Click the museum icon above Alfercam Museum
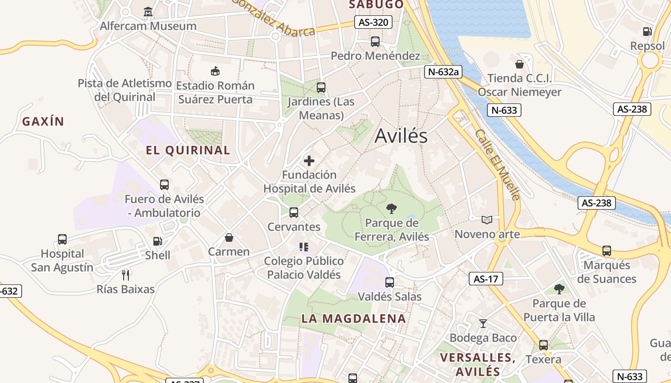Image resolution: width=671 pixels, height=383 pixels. [148, 11]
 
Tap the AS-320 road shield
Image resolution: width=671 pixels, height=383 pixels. [373, 22]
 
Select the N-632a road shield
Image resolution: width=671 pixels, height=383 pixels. [443, 72]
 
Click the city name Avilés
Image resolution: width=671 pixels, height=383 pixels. [401, 136]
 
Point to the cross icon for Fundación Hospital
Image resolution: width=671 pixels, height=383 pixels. [309, 161]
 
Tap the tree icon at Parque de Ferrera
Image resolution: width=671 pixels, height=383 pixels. [392, 208]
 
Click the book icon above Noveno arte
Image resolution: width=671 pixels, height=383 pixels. [487, 220]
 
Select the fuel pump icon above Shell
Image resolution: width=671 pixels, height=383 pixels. [157, 241]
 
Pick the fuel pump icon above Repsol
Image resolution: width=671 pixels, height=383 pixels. [648, 32]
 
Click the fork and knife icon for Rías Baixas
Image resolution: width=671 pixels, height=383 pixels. [126, 275]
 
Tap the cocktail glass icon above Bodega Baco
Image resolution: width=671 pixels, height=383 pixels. [483, 324]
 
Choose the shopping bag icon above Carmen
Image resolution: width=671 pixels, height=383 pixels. [229, 237]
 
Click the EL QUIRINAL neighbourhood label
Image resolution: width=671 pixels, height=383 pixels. [188, 150]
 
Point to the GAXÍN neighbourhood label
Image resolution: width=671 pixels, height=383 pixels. [43, 122]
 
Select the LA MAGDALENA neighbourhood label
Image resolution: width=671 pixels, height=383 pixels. [354, 318]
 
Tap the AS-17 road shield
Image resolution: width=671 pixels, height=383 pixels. [486, 279]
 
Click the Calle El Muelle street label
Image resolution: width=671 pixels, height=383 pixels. [497, 164]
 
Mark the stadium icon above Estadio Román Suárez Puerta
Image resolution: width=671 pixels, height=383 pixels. [215, 71]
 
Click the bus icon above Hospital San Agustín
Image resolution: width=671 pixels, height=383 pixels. [62, 239]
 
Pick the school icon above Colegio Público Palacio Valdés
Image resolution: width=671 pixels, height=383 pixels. [303, 247]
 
